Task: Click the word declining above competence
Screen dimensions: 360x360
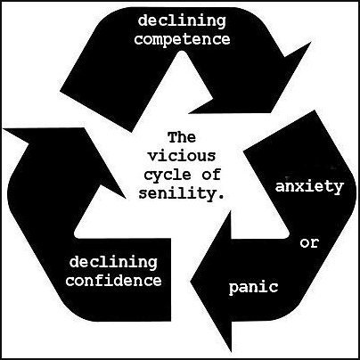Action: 182,21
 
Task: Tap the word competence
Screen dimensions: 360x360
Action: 182,40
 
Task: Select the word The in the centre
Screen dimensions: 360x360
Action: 182,137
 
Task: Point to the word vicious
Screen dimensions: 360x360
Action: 182,156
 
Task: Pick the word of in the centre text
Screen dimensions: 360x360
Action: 211,175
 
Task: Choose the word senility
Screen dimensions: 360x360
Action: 177,193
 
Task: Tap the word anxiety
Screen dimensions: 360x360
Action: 309,188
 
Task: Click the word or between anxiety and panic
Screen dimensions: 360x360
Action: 309,243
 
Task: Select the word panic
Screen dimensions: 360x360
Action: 254,288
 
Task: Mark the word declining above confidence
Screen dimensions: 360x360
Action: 113,263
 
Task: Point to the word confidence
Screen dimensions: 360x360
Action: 114,281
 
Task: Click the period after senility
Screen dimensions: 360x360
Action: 220,197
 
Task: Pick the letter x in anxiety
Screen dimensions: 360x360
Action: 300,187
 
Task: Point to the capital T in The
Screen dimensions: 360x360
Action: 173,137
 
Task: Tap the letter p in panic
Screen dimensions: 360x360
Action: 233,289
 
